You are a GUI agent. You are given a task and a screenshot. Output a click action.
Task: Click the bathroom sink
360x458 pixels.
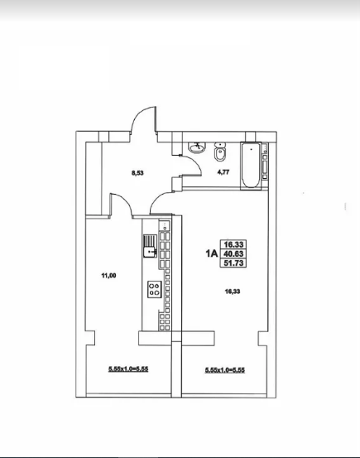click(x=197, y=147)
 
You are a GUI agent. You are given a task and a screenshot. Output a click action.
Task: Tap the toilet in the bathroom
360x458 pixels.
click(x=219, y=152)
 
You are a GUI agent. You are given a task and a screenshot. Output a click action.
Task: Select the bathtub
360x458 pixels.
click(x=251, y=166)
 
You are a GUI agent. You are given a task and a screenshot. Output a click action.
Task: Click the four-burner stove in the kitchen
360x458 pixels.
click(x=155, y=289)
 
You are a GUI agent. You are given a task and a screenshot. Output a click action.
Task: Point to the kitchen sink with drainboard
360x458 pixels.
click(x=150, y=246)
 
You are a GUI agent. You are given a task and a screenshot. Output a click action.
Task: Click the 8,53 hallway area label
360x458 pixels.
click(x=137, y=173)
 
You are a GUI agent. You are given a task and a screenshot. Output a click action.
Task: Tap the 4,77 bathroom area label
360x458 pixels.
click(x=223, y=172)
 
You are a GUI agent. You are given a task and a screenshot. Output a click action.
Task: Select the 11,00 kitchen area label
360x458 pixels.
click(x=108, y=275)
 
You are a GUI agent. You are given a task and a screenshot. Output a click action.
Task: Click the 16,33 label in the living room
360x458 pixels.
click(x=233, y=292)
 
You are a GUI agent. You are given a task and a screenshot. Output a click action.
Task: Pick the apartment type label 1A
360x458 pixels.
click(x=212, y=253)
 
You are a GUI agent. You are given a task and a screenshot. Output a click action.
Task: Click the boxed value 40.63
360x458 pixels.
click(x=233, y=253)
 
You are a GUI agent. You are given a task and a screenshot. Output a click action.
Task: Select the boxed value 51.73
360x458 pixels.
click(x=233, y=263)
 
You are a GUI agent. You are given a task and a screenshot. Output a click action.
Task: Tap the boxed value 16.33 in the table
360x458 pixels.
click(x=233, y=244)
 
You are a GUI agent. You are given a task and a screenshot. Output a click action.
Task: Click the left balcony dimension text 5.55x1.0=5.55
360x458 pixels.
click(x=128, y=369)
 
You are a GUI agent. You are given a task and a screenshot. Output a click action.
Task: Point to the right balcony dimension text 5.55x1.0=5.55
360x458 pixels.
click(x=225, y=370)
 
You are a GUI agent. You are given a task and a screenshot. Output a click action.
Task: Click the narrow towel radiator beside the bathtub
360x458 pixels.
click(x=265, y=161)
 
